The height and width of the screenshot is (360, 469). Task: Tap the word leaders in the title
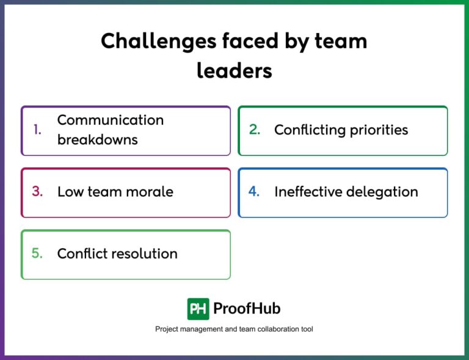click(234, 71)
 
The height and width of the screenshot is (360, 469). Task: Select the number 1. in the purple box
click(38, 130)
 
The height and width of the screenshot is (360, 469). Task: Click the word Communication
click(111, 120)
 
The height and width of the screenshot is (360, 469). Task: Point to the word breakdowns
click(98, 139)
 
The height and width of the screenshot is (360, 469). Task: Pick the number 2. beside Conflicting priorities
click(255, 130)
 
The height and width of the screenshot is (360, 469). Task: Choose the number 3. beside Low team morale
click(38, 191)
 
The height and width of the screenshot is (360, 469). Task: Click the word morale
click(150, 192)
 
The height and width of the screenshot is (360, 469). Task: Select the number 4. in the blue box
click(254, 191)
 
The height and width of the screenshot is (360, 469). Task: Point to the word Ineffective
click(308, 192)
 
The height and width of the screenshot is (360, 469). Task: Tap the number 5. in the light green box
click(38, 253)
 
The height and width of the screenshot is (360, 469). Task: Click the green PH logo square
click(198, 309)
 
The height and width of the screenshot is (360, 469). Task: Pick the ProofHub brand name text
click(247, 309)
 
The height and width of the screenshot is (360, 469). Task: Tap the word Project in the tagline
click(167, 329)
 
